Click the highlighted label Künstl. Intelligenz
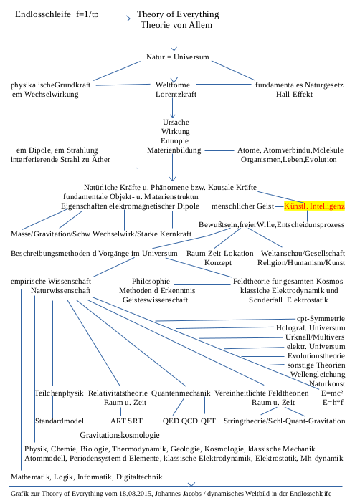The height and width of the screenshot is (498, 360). click(315, 206)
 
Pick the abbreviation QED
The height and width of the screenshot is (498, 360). click(173, 421)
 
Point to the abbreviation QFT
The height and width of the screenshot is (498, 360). click(209, 421)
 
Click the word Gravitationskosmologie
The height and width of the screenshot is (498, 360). click(119, 435)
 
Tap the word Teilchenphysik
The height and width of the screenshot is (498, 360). click(59, 393)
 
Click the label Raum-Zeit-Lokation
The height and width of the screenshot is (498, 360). click(219, 254)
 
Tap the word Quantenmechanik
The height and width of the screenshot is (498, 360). click(181, 393)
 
